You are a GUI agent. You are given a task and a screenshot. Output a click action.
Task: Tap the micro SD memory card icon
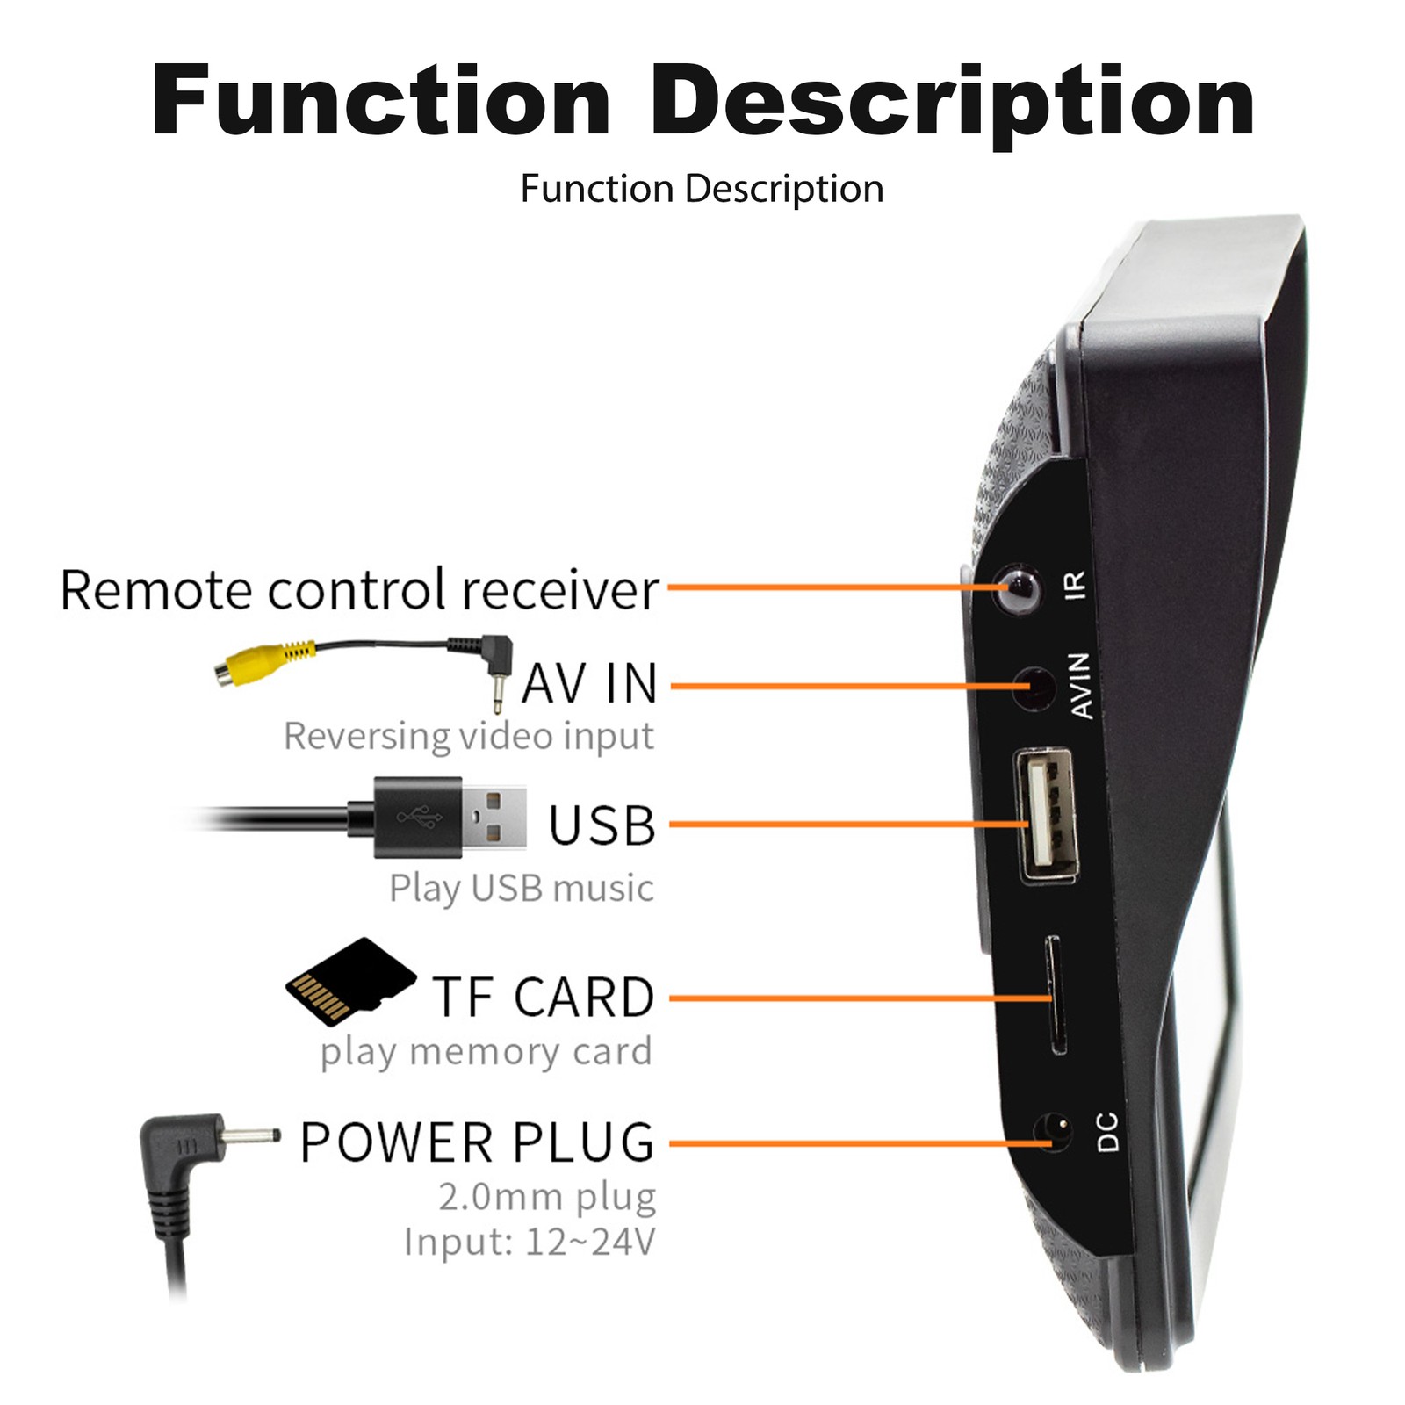coord(350,981)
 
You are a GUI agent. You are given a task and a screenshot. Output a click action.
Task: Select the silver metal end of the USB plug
coord(494,817)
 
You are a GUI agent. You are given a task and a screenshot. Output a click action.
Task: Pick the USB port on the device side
coord(1047,814)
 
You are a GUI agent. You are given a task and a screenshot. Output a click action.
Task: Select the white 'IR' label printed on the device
coord(1075,585)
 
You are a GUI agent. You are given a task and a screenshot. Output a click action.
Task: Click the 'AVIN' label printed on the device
coord(1081,686)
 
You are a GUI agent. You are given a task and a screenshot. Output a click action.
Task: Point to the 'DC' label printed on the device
coord(1108,1132)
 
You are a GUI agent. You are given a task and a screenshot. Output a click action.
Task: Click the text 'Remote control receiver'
coord(359,589)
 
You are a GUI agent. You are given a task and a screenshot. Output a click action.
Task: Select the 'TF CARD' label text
coord(544,998)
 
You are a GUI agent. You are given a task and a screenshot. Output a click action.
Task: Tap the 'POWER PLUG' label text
coord(478,1142)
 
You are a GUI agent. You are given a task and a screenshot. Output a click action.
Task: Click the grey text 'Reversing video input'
coord(469,736)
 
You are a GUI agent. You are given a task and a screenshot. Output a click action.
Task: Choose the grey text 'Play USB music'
coord(522,888)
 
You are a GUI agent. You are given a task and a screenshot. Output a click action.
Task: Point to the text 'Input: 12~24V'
coord(530,1243)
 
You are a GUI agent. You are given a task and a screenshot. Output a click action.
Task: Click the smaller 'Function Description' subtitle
coord(702,189)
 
